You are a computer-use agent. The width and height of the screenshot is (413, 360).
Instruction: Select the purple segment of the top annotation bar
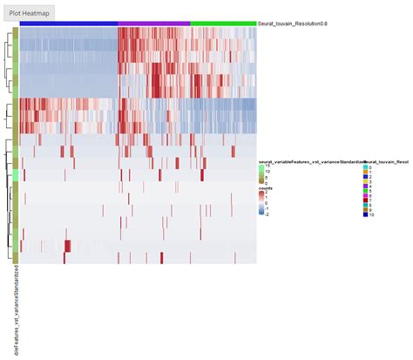pos(153,24)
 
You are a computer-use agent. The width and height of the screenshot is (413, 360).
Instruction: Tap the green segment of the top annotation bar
pos(223,24)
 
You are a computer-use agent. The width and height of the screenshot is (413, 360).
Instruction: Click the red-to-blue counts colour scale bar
pos(261,203)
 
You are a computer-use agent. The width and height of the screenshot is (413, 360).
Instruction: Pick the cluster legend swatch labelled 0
pos(366,167)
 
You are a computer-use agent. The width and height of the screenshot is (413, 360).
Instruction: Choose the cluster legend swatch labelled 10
pos(366,214)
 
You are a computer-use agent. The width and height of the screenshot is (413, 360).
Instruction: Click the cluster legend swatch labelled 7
pos(366,200)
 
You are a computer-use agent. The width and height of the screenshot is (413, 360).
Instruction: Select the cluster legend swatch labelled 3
pos(366,181)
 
